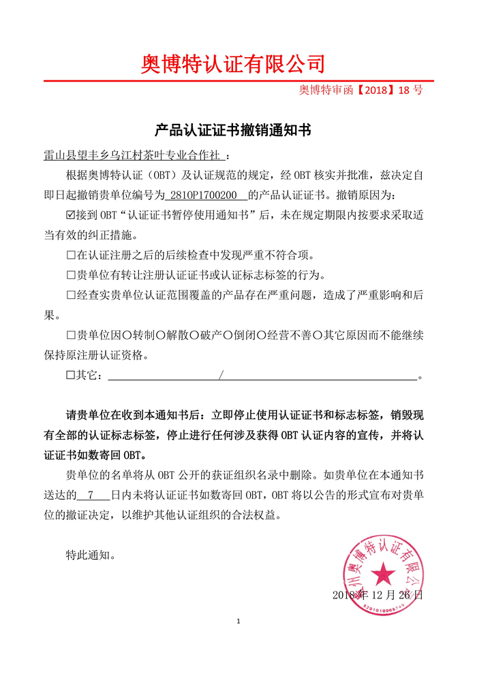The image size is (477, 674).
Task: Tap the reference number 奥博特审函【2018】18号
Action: pos(361,90)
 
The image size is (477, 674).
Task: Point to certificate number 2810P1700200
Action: pos(206,195)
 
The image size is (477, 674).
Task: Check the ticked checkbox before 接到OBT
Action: pos(70,216)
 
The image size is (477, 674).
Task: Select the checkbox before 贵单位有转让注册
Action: pos(70,276)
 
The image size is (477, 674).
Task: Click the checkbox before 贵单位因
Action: pos(70,336)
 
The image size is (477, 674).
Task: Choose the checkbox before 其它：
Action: pos(70,376)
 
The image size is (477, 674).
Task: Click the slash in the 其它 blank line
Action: pos(221,376)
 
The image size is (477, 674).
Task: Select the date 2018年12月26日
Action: pos(377,595)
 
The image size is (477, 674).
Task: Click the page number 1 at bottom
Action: pos(238,622)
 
